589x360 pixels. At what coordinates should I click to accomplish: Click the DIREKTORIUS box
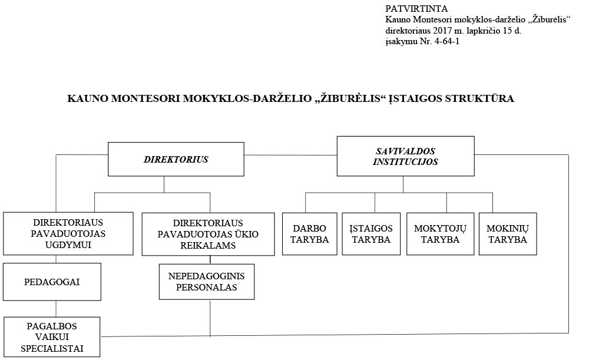click(x=176, y=159)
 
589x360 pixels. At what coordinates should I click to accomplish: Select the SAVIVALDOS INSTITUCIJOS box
click(x=405, y=156)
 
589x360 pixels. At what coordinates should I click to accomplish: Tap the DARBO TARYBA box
click(x=310, y=234)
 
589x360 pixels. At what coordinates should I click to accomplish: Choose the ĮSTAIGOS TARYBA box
click(x=371, y=234)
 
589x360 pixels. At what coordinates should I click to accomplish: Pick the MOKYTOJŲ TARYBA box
click(x=440, y=234)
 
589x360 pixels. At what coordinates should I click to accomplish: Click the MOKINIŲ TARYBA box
click(x=508, y=234)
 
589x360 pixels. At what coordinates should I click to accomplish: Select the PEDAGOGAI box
click(x=52, y=282)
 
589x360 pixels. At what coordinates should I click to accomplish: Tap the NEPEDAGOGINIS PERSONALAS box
click(x=207, y=282)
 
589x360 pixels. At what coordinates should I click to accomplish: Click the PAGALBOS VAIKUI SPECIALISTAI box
click(x=52, y=336)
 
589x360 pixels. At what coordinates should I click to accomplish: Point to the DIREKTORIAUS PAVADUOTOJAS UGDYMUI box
click(x=68, y=234)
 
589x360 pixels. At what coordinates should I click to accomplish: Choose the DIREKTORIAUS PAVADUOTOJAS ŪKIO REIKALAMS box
click(x=208, y=234)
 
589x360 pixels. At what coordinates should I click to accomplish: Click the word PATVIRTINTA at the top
click(x=416, y=9)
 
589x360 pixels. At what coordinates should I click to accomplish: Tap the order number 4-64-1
click(x=446, y=41)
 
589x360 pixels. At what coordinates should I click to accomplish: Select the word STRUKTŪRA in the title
click(x=479, y=98)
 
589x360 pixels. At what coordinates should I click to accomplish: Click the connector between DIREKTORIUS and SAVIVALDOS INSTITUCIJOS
click(x=290, y=155)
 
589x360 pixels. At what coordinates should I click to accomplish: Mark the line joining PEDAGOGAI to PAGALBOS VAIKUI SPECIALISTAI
click(x=56, y=309)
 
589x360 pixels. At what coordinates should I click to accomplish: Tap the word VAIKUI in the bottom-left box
click(x=52, y=336)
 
